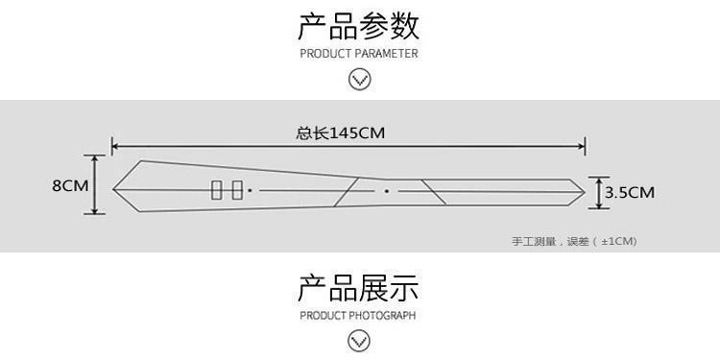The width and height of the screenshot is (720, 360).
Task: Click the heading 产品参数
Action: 359,26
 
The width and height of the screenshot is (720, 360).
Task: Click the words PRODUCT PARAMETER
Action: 359,54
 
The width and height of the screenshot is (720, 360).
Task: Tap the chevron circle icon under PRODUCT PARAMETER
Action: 360,80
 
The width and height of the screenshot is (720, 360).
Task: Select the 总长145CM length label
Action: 340,133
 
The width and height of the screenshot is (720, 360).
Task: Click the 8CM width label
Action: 70,186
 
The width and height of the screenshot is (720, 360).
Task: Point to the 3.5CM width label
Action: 630,193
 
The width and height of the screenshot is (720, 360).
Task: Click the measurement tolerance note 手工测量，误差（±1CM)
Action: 574,241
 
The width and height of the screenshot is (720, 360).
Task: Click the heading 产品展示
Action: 359,288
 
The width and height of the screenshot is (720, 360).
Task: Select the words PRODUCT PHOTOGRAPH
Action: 358,316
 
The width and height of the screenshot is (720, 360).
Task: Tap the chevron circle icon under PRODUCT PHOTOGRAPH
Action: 359,341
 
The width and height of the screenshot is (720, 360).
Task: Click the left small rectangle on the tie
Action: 216,190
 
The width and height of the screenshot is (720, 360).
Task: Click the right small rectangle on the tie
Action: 237,190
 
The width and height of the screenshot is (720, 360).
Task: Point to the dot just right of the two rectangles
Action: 250,190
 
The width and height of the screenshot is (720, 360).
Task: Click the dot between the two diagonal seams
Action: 387,191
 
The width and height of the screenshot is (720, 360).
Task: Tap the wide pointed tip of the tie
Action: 113,189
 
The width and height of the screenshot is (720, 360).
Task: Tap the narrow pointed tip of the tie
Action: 585,192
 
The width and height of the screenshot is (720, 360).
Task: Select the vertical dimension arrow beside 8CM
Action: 95,184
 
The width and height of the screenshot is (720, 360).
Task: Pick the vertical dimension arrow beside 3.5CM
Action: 599,193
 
